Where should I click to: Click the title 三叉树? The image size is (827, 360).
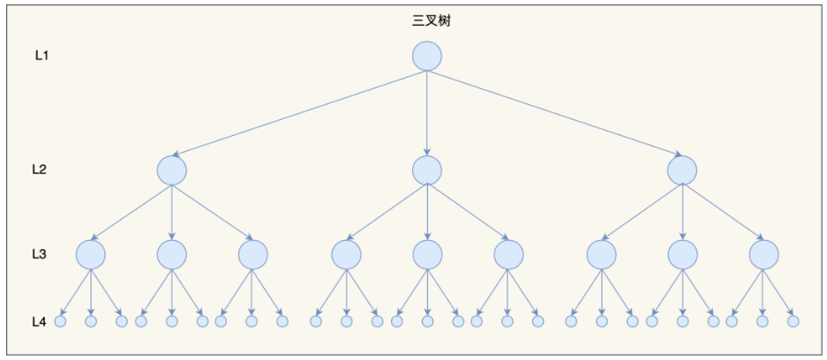[x=426, y=19]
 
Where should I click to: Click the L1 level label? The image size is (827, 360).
[x=41, y=56]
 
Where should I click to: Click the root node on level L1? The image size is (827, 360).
[x=426, y=56]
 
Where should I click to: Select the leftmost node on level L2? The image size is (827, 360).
[x=171, y=169]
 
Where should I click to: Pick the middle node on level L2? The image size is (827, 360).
[x=426, y=169]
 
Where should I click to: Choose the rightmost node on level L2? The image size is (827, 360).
[x=681, y=169]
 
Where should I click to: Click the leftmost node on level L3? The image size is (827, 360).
[x=90, y=255]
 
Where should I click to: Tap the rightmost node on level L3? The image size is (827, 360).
[x=763, y=255]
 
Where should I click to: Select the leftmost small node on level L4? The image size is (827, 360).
[x=61, y=321]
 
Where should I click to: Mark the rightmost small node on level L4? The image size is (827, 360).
[x=793, y=321]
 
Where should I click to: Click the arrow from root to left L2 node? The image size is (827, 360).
[x=300, y=113]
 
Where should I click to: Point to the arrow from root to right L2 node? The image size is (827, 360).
[x=554, y=113]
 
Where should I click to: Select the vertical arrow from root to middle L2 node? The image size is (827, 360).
[x=426, y=113]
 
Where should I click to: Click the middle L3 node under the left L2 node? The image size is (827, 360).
[x=171, y=255]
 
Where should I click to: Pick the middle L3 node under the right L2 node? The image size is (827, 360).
[x=681, y=255]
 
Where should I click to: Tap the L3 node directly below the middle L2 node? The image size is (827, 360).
[x=426, y=255]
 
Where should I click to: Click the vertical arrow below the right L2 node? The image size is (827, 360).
[x=681, y=212]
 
